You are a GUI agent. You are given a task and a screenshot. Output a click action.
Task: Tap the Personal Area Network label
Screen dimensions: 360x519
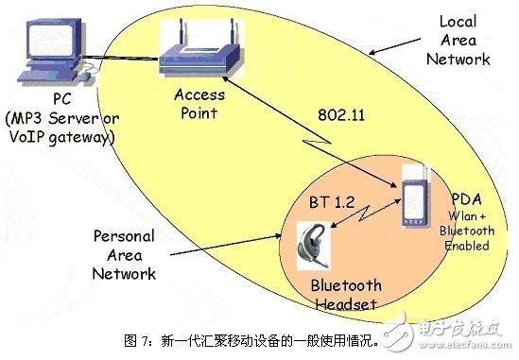123,254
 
